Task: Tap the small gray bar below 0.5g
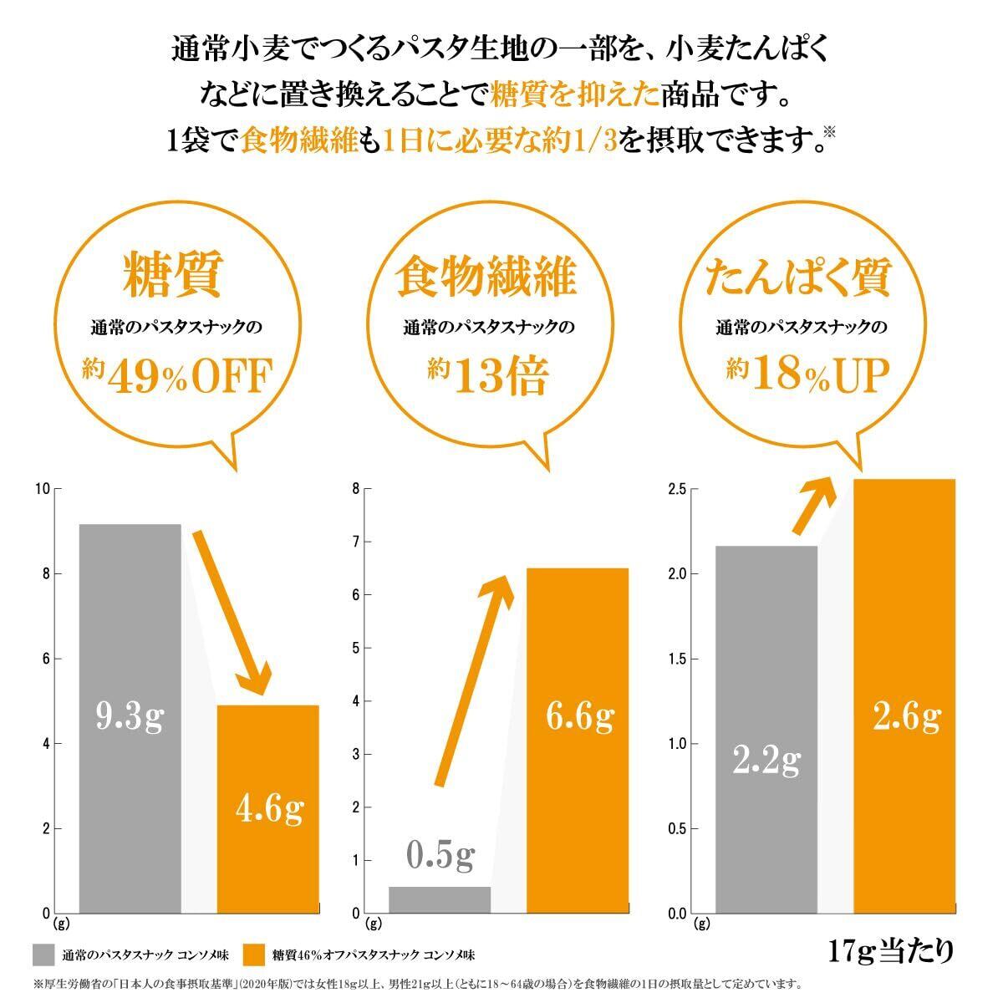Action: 440,899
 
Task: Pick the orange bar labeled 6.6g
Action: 577,740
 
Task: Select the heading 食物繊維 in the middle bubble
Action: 486,276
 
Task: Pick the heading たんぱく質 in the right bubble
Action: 798,276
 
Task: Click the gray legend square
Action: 43,955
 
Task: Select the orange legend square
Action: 253,955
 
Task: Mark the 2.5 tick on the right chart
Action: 677,489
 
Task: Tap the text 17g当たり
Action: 891,950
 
